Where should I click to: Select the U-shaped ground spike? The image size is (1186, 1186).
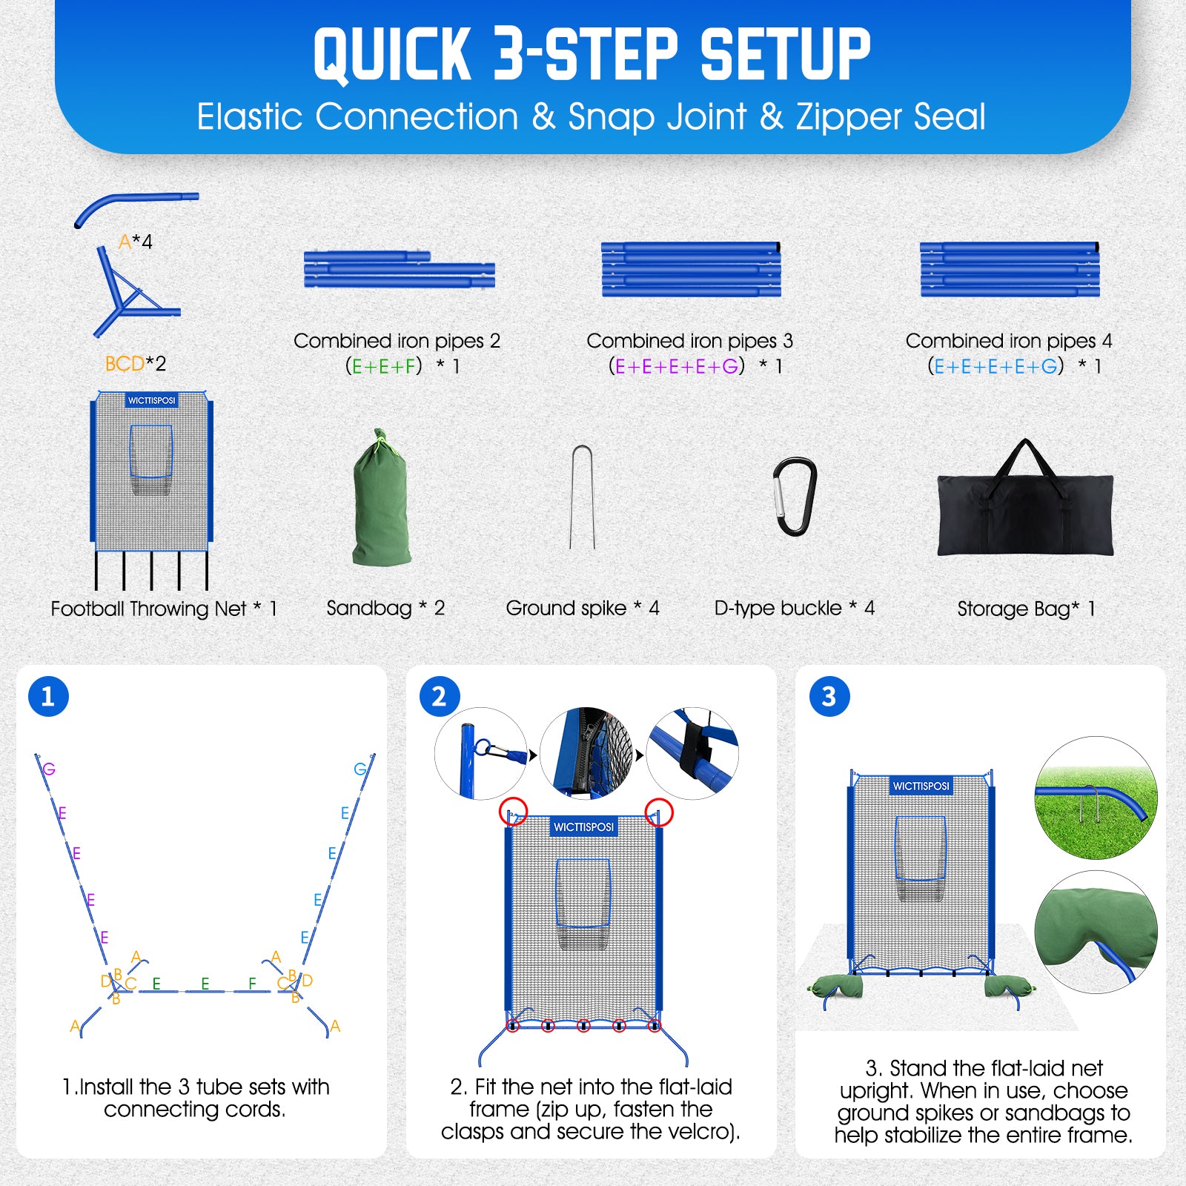[582, 497]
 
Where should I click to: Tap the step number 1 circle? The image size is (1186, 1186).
[48, 696]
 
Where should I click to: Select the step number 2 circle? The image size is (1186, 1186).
[439, 697]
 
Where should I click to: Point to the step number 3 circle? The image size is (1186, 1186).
[829, 697]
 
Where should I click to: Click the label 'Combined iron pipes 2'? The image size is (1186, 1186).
[397, 341]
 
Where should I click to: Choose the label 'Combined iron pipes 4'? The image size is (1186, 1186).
[1009, 341]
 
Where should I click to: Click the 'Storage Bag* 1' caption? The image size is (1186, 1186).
[1026, 609]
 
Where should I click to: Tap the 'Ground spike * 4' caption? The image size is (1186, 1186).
[583, 608]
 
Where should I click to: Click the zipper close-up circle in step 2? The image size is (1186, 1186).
[587, 753]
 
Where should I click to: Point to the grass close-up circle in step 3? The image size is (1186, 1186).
[1096, 798]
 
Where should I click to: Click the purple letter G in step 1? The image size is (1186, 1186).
[49, 769]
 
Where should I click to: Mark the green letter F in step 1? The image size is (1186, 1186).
[253, 984]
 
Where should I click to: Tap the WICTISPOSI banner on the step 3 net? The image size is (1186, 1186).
[921, 786]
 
